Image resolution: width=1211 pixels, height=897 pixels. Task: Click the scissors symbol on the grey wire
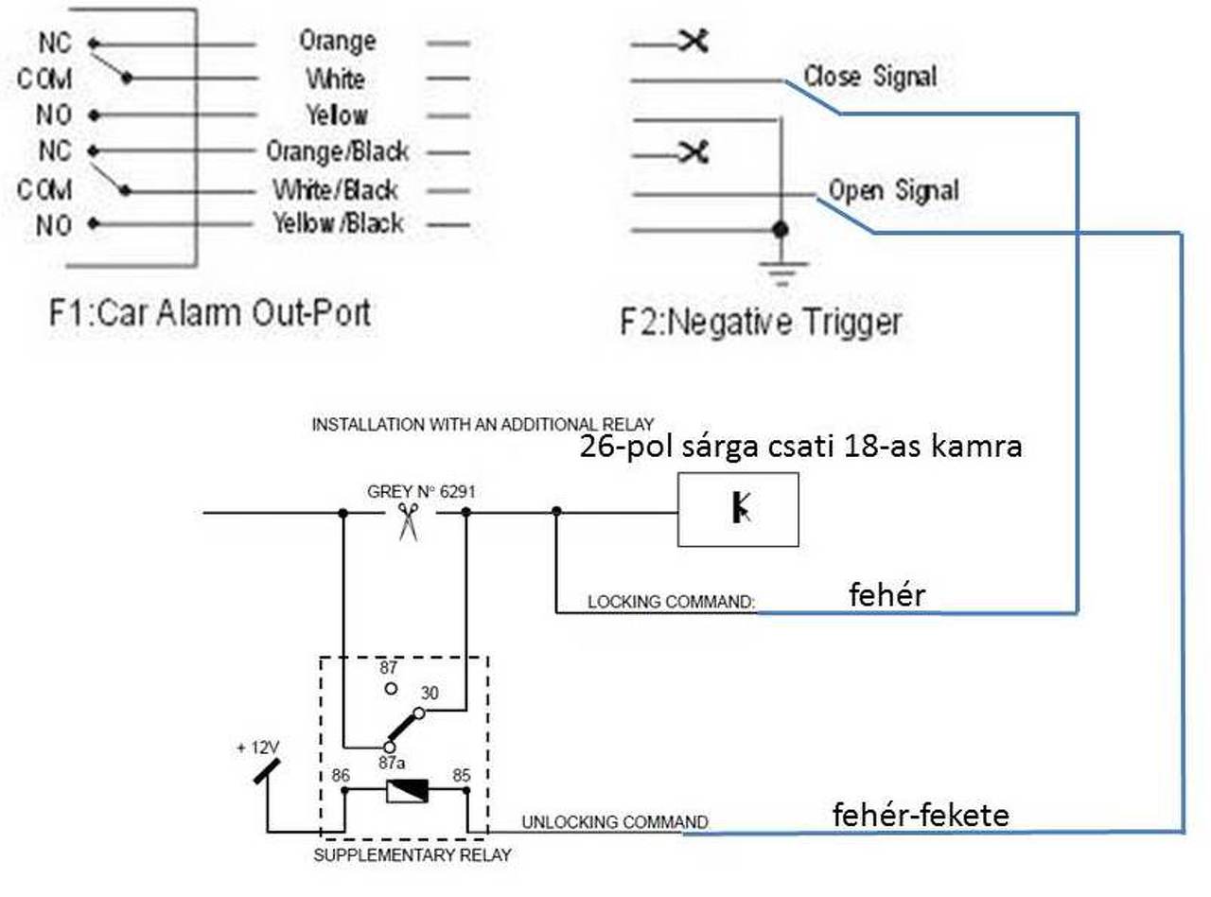point(409,520)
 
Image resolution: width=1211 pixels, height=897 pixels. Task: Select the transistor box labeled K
point(738,509)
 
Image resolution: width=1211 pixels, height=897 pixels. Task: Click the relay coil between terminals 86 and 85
point(407,790)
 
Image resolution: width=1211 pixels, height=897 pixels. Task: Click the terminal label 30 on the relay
point(430,694)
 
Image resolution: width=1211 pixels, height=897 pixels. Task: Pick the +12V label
point(257,747)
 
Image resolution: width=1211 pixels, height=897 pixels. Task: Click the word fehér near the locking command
point(886,594)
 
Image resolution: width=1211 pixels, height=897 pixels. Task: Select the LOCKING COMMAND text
point(671,602)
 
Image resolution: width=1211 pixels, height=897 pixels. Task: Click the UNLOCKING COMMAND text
point(614,821)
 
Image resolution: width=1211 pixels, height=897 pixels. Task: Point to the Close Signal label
point(869,76)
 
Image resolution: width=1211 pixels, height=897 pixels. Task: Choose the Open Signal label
point(893,190)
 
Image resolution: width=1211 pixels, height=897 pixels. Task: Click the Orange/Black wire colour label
point(337,150)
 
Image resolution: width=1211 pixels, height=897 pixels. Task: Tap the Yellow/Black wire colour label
point(338,223)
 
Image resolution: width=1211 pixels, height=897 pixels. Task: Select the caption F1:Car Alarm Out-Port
point(209,312)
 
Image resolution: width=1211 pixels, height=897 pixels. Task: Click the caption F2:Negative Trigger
point(760,322)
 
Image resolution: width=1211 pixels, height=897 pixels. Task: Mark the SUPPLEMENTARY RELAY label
point(412,855)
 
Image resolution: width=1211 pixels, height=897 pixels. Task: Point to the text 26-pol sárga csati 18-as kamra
point(801,446)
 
